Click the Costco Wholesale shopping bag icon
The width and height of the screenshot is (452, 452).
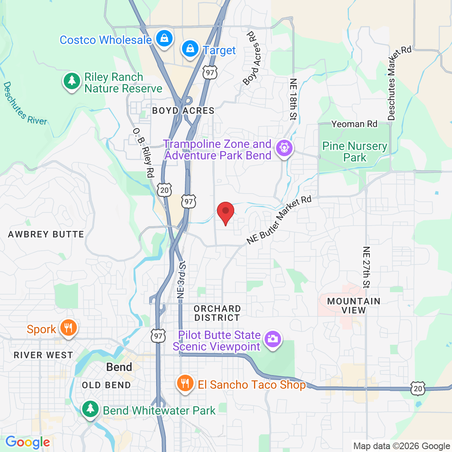[x=164, y=38]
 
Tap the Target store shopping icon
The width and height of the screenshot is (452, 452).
[x=190, y=48]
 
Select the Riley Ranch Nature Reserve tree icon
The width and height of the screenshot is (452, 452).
[x=72, y=81]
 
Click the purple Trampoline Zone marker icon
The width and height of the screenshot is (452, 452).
[x=284, y=148]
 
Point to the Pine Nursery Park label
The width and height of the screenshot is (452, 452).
[x=355, y=152]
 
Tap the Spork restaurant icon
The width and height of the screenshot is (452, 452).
[x=68, y=328]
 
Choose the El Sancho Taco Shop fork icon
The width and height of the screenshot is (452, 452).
[x=185, y=383]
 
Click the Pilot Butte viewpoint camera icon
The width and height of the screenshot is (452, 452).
[x=273, y=339]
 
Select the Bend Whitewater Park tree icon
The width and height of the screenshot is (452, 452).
[x=90, y=409]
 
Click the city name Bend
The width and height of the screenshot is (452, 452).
[x=119, y=367]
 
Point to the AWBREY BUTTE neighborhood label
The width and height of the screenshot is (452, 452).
[x=46, y=234]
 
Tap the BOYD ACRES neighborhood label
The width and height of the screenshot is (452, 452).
[x=183, y=111]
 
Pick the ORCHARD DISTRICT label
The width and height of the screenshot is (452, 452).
[x=217, y=313]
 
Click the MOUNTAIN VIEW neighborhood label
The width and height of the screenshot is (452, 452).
[x=354, y=306]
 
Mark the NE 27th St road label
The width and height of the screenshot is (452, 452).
[x=367, y=267]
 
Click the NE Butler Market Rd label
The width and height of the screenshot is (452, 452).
[x=279, y=220]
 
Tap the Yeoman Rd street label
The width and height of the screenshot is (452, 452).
[x=354, y=124]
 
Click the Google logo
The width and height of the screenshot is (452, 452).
[x=28, y=442]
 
